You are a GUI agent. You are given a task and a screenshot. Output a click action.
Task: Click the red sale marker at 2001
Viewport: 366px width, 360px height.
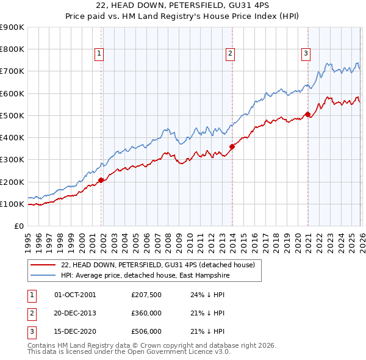(101, 180)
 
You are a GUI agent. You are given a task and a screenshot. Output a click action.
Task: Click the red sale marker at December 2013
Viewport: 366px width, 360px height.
(232, 146)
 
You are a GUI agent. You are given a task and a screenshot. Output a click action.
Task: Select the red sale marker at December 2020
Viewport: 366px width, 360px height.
(307, 114)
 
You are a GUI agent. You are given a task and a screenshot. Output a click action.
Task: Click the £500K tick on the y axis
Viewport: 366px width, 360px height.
(12, 115)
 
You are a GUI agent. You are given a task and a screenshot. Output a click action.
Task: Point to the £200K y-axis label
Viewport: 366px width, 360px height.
(12, 182)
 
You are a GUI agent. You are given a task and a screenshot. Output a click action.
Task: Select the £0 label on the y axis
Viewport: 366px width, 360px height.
(18, 226)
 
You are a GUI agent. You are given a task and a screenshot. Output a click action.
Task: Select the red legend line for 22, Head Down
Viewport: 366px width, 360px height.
(43, 265)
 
